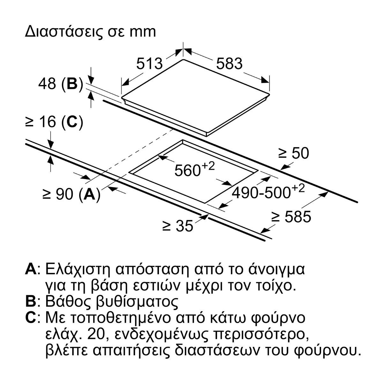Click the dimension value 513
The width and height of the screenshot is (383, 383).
click(149, 64)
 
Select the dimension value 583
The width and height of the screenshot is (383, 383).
click(229, 64)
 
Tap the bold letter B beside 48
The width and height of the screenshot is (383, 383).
click(72, 84)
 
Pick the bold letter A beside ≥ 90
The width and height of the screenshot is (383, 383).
click(89, 194)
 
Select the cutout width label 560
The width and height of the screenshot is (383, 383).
click(187, 170)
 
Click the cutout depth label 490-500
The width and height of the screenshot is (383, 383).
click(261, 193)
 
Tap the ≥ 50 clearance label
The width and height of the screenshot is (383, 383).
click(294, 153)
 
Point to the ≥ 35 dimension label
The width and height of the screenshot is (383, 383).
click(178, 226)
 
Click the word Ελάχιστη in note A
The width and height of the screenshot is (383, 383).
click(78, 270)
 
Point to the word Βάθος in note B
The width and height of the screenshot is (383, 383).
click(69, 302)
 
